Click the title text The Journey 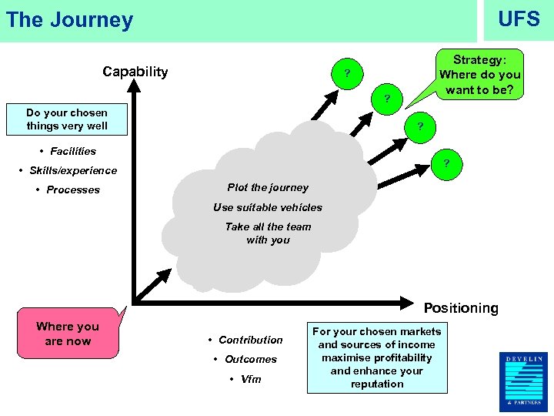coord(69,20)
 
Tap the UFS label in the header coord(519,18)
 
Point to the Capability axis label coord(135,72)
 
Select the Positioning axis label coord(460,308)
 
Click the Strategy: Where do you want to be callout coord(479,75)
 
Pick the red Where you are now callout coord(68,334)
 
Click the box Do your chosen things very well coord(67,119)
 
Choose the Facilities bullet coord(68,151)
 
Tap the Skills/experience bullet coord(68,170)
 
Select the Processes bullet coord(68,190)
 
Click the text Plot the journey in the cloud coord(268,187)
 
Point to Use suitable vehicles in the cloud coord(268,207)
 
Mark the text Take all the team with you coord(268,233)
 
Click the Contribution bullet coord(246,340)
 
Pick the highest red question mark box coord(348,74)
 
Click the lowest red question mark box coord(446,163)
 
